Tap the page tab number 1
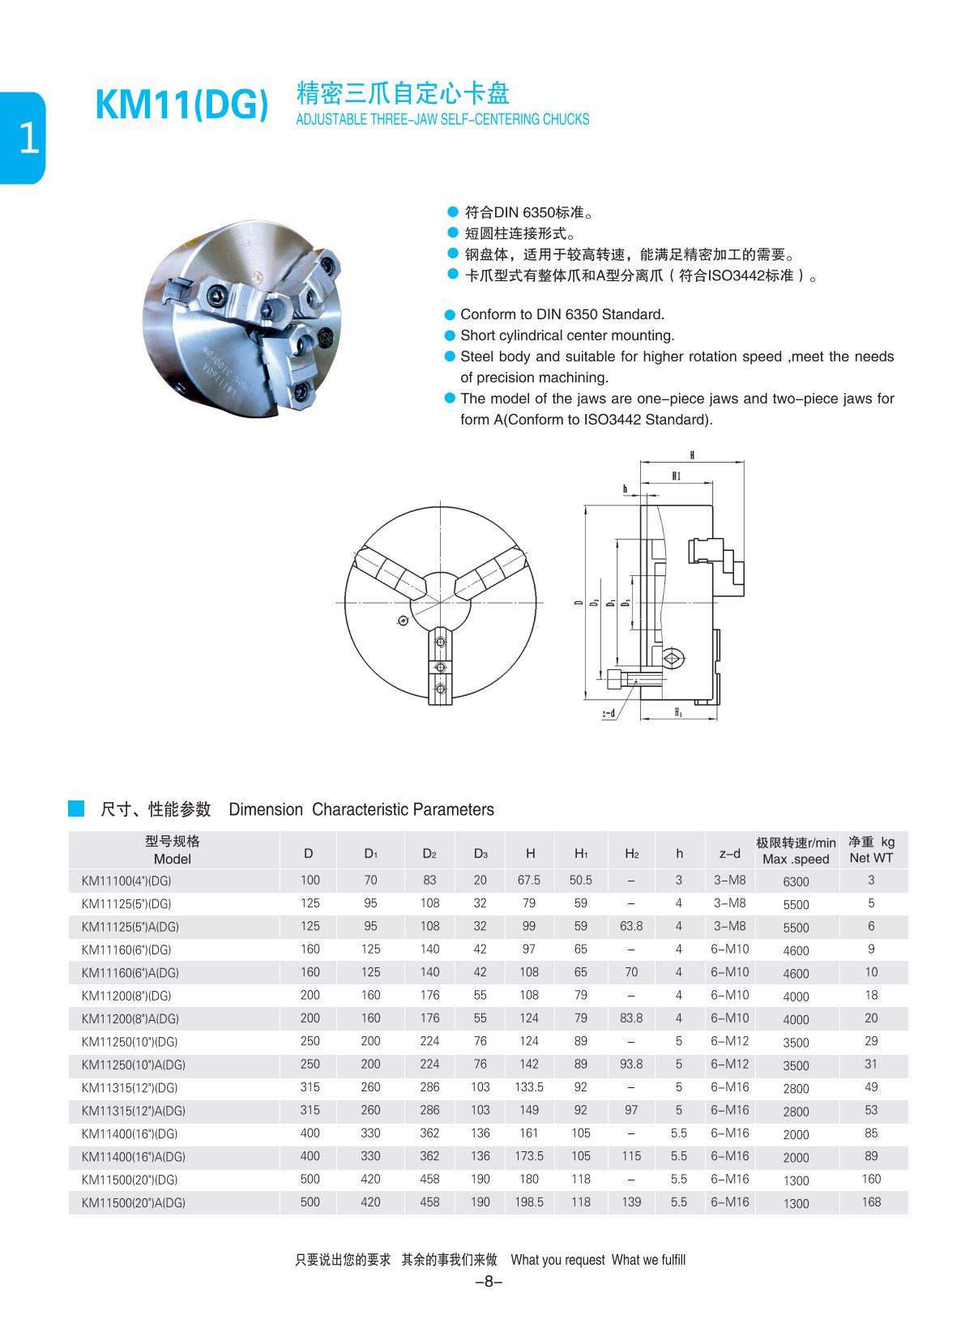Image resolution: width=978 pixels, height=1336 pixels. point(28,139)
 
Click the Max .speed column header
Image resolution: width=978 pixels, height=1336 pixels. point(796,852)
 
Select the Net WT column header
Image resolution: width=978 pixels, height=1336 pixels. point(871,850)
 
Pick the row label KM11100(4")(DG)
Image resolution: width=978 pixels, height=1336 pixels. point(126,881)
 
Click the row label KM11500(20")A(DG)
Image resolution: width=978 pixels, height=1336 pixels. point(134,1203)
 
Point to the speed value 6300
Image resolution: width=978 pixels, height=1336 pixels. point(796,881)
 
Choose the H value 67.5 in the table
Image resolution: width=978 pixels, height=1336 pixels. point(529,880)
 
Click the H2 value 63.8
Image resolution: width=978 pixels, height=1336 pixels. point(631,926)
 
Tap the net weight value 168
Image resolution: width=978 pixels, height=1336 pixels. point(871,1202)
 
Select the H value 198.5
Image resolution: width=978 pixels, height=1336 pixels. point(529,1202)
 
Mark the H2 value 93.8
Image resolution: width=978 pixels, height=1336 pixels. point(631,1064)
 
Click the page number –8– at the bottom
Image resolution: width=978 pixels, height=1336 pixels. point(489,1282)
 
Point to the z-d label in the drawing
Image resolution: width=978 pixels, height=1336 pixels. point(609,714)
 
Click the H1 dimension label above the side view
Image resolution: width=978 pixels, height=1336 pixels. point(676,476)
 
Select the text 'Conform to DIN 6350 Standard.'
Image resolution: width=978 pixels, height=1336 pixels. point(562,314)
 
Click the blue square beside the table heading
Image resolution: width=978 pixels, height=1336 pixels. point(76,809)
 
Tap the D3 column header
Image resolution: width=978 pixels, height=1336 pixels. point(480,853)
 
